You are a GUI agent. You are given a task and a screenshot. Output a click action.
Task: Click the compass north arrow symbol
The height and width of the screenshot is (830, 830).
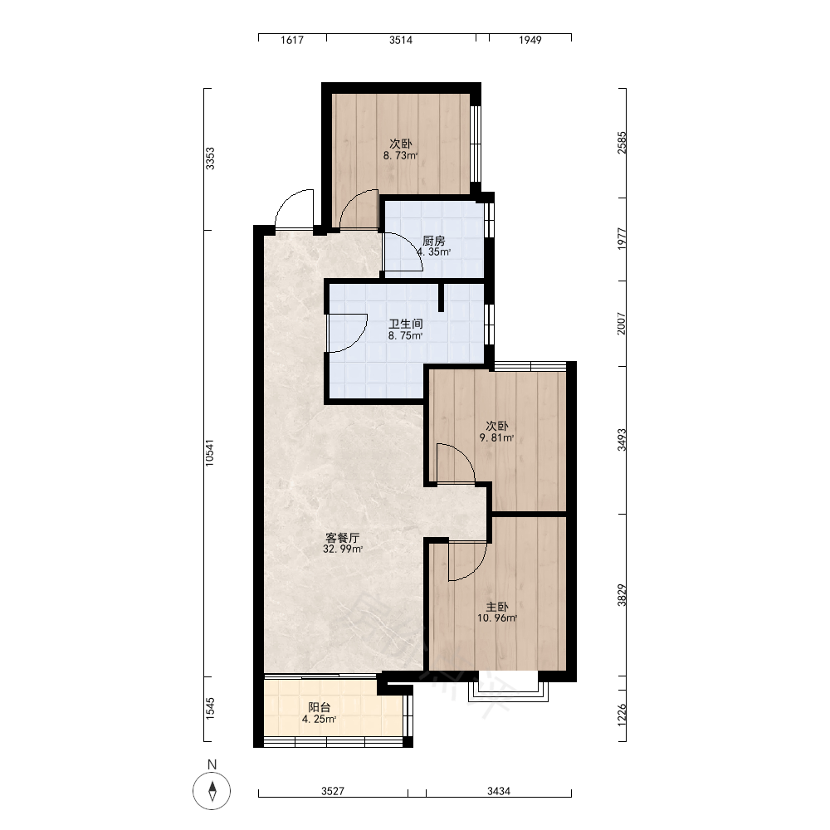(212, 791)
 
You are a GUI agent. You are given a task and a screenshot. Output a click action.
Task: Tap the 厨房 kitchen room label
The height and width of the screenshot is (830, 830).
(433, 241)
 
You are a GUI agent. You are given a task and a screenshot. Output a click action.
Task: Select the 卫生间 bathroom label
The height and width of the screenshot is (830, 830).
(406, 324)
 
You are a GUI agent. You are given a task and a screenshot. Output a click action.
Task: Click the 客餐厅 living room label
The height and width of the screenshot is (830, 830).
(343, 538)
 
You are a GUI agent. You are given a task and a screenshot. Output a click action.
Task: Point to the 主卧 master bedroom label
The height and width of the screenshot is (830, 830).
(497, 607)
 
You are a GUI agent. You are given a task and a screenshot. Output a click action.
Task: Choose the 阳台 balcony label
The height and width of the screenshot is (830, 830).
(320, 707)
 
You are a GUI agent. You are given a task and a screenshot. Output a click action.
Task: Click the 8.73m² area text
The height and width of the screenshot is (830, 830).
(401, 156)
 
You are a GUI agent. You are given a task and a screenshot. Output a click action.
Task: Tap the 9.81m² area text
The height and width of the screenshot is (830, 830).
(496, 437)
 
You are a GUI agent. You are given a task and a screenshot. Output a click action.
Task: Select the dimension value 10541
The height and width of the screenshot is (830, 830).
(210, 452)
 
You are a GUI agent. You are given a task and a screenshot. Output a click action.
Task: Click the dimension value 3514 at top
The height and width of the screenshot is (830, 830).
(401, 40)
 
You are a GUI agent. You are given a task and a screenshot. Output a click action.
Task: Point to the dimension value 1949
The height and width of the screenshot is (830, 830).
(530, 40)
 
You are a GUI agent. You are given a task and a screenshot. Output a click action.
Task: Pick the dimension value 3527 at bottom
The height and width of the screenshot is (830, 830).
(333, 791)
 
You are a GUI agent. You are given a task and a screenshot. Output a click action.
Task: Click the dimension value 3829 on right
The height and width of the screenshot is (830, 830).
(622, 595)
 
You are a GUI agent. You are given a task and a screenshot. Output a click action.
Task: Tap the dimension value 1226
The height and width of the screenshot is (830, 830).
(622, 714)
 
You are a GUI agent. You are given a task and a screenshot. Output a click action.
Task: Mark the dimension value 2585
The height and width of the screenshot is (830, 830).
(622, 143)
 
